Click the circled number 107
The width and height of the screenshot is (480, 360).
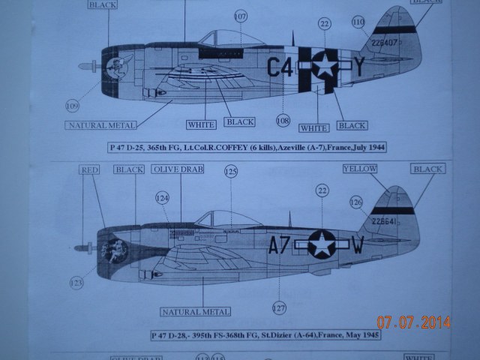click(x=240, y=16)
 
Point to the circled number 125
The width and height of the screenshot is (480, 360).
click(x=231, y=172)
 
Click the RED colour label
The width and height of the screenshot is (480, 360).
click(x=90, y=170)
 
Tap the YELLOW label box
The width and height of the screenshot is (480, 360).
click(x=360, y=169)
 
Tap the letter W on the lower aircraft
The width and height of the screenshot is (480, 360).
click(x=358, y=244)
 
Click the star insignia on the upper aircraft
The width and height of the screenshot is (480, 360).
click(x=323, y=67)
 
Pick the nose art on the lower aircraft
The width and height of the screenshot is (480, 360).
click(x=116, y=251)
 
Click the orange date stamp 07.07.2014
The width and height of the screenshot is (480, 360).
click(x=413, y=323)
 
